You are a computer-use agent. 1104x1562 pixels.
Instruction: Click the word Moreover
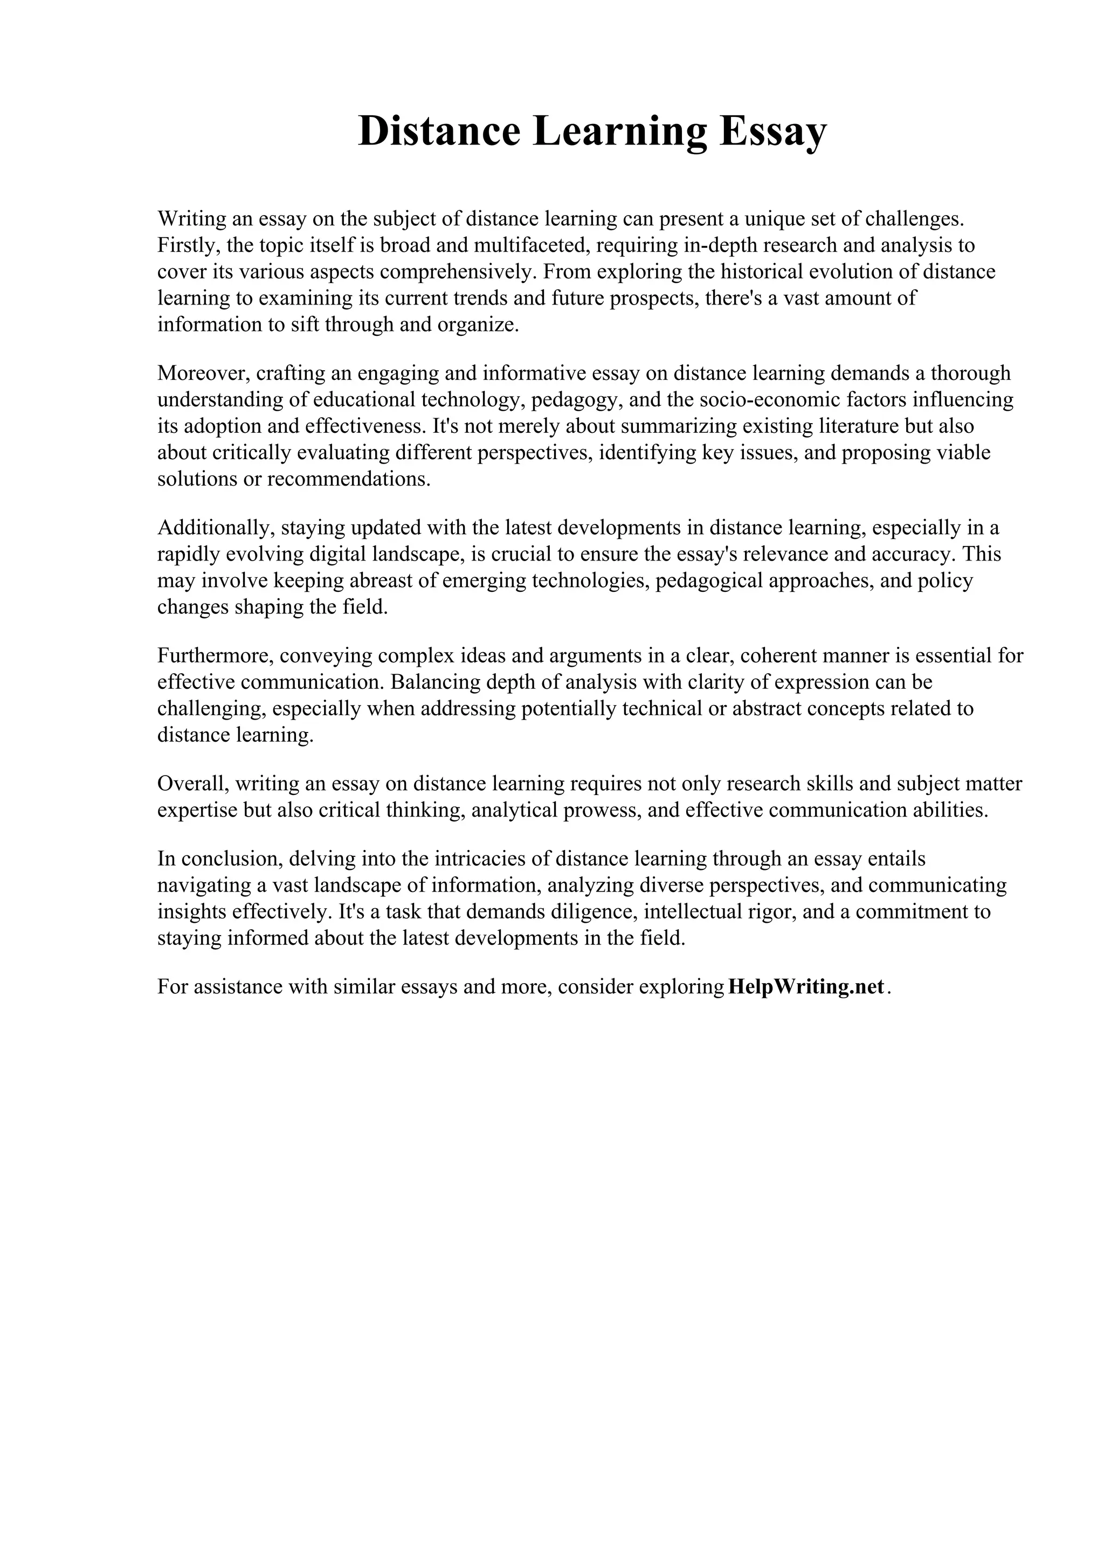coord(203,373)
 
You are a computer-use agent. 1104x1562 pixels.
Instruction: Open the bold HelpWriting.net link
coord(806,986)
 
